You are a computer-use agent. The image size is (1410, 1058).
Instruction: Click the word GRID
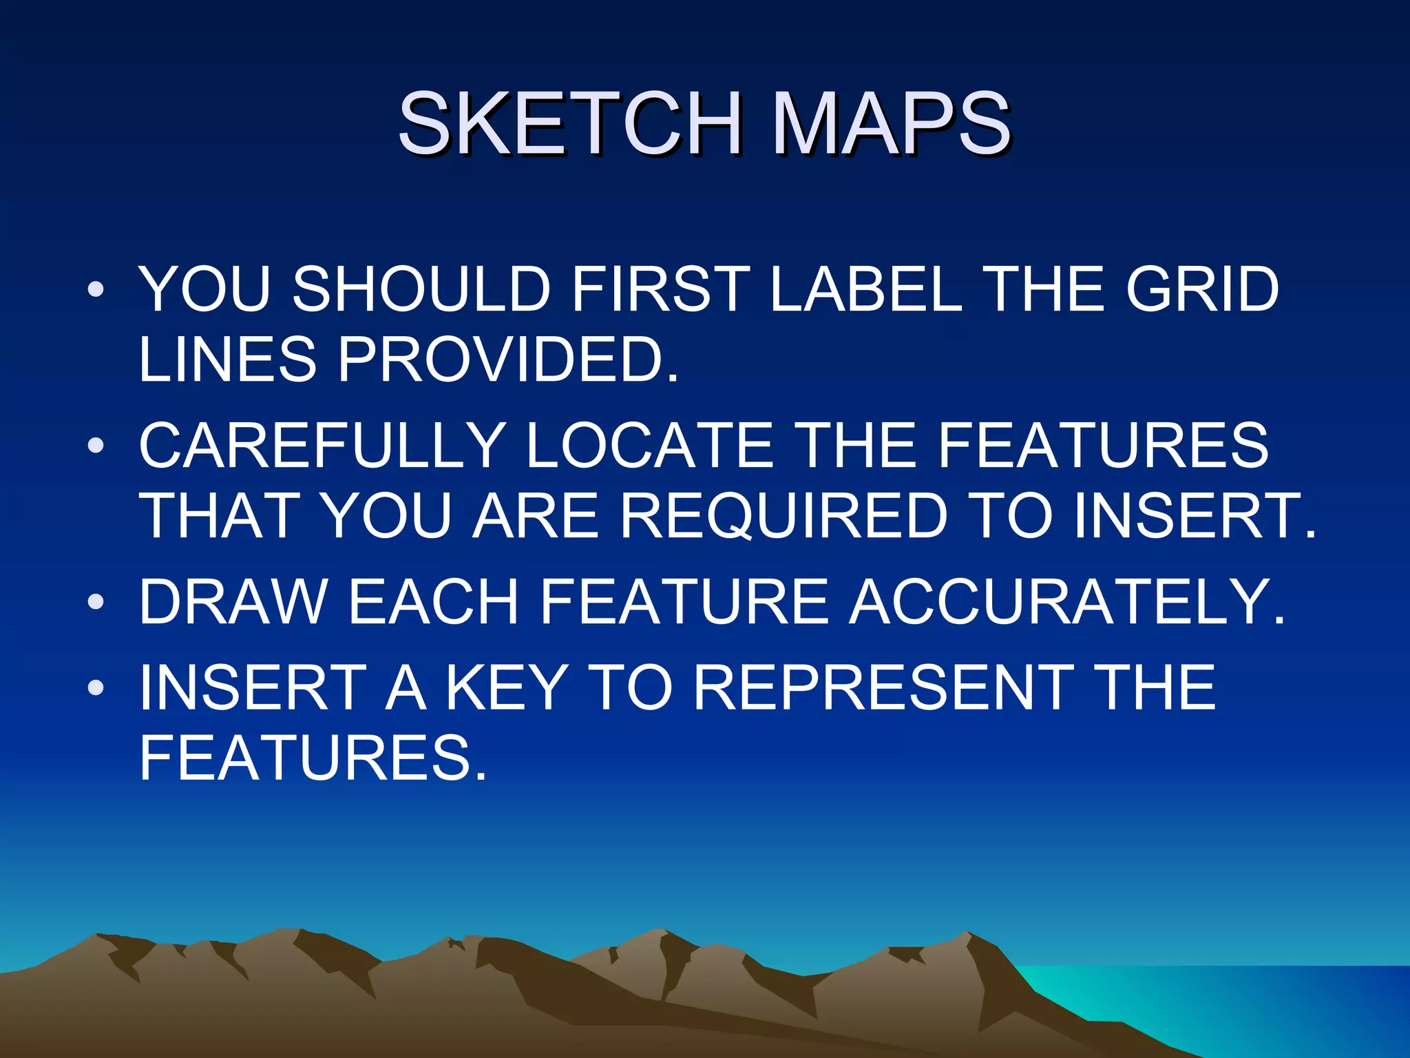1202,289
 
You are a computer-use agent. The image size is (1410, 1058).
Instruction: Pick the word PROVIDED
508,359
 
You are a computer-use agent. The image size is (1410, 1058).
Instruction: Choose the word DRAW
233,602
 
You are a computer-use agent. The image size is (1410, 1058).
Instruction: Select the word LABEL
865,289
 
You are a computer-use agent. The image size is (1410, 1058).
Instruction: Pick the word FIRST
662,289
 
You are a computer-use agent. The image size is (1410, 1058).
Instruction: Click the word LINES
227,359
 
